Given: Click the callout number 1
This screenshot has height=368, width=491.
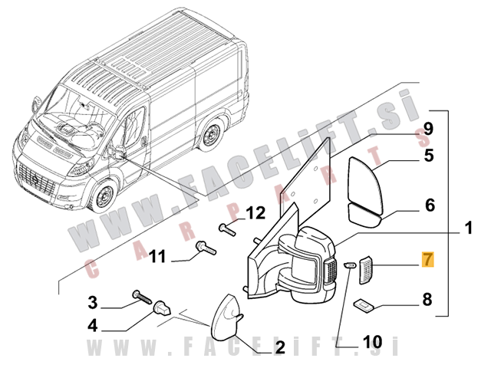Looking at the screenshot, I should coord(468,228).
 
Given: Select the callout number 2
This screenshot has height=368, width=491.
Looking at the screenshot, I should coord(280,348).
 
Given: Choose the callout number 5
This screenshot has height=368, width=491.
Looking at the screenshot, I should coord(429,156).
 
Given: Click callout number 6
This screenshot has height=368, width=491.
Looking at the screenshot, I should coord(429,205).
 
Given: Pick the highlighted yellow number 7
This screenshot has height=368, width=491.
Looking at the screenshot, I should coord(427,261).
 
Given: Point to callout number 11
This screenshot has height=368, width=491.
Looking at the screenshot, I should coord(157,256).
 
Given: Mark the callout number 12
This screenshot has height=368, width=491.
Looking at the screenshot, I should coord(255,212).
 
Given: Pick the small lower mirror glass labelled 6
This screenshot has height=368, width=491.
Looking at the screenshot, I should coord(367,212).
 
